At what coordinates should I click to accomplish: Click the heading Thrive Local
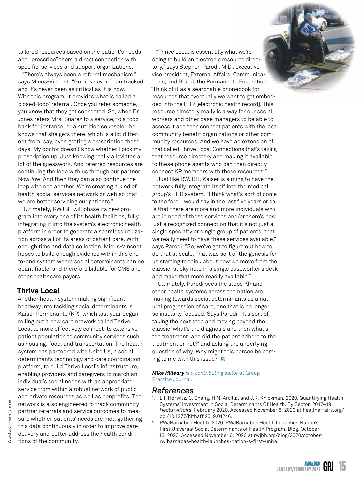coord(38,291)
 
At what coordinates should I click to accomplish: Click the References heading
coord(173,390)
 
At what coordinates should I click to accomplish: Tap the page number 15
coord(342,466)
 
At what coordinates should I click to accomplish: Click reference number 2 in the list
coord(154,423)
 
